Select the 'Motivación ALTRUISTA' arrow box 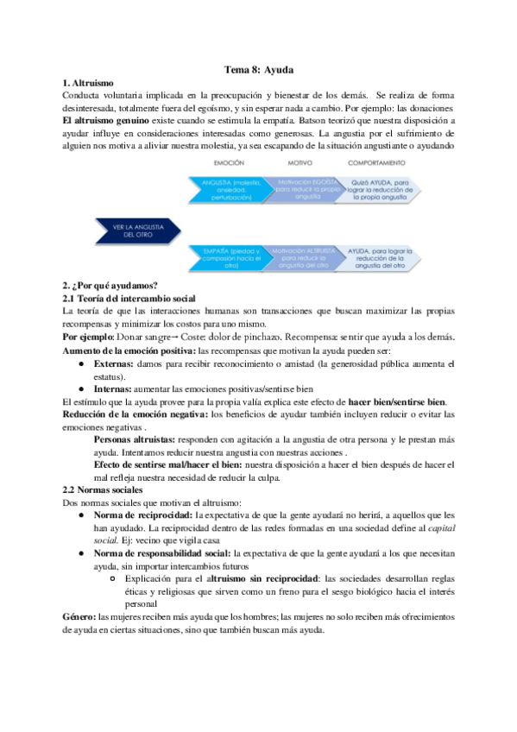coord(301,258)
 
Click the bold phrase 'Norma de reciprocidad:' coord(143,514)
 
